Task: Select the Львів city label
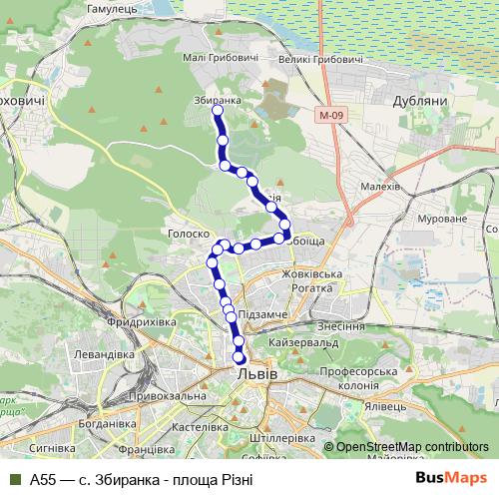(x=257, y=372)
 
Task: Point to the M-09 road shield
(x=332, y=115)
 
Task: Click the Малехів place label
(x=379, y=186)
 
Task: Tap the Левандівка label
(x=102, y=354)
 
